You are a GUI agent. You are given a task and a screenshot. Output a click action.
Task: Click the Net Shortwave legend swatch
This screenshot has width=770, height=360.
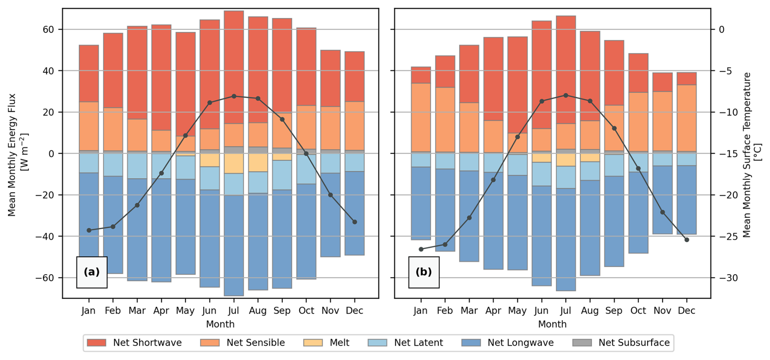pos(96,343)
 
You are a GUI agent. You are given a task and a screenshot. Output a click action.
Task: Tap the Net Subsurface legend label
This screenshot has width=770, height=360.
pos(634,343)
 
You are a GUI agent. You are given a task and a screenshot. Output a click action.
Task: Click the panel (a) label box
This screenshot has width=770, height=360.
pos(92,272)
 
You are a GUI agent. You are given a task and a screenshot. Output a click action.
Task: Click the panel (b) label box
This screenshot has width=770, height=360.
pos(424,272)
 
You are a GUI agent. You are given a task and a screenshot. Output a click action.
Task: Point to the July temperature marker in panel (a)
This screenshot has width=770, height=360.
pos(234,96)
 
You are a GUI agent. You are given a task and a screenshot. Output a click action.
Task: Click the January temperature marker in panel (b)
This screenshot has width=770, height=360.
pos(421,249)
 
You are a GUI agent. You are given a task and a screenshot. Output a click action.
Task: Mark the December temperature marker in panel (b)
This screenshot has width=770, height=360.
pos(687,240)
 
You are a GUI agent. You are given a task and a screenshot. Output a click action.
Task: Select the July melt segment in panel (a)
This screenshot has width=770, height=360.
pos(234,163)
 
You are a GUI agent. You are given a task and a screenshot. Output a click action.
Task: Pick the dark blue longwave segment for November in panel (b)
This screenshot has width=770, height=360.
pos(662,199)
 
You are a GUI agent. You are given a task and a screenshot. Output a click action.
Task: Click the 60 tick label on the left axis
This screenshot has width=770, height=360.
pos(45,30)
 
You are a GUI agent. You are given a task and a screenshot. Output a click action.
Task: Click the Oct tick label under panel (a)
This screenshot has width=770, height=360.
pos(306,311)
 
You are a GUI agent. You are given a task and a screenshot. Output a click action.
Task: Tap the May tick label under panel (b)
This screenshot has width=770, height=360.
pos(517,311)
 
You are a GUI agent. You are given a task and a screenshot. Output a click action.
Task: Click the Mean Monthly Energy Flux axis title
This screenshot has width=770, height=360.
pos(17,155)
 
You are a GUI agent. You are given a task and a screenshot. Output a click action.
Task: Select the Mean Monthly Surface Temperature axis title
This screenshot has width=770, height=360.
pos(751,155)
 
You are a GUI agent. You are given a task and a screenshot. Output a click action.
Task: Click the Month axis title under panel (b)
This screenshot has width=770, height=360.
pos(552,324)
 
